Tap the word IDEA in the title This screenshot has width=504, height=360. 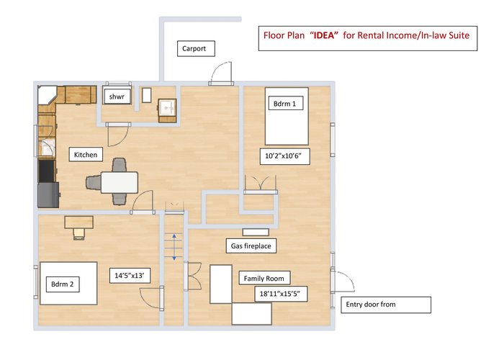pos(324,35)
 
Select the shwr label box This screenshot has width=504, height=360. pos(117,96)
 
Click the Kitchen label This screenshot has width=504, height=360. pos(86,155)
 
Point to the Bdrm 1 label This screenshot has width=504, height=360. pos(285,104)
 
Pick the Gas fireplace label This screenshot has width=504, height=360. pos(251,246)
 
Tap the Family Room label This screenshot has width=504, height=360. pos(264,279)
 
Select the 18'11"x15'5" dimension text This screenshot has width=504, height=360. pos(279,294)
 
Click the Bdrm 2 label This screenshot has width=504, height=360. pos(63,284)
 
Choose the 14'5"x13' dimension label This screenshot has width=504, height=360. pos(130,276)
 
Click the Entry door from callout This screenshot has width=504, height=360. pos(386,305)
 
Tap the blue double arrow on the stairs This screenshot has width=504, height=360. pos(174,247)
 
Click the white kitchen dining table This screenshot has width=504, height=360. pos(120,183)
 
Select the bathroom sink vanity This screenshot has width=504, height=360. pos(167,111)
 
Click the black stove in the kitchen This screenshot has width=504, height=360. pos(47,171)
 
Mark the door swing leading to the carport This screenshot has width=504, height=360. pos(221,72)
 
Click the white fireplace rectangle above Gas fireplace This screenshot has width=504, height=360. pos(256,232)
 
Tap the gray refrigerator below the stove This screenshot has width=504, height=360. pos(48,195)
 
